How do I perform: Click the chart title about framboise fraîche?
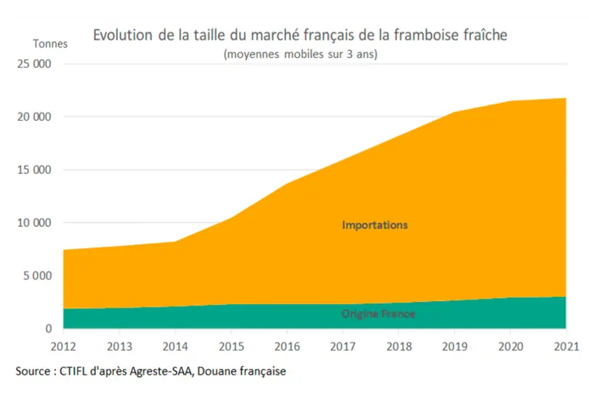click(300, 35)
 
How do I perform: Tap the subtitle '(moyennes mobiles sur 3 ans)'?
click(300, 54)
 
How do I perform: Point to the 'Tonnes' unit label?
click(50, 44)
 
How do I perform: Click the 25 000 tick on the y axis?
click(34, 64)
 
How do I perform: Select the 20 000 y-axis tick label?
click(34, 117)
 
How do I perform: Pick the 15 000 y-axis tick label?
click(34, 169)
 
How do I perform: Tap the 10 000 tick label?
click(34, 223)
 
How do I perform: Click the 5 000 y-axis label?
click(38, 276)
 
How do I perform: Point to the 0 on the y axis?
click(49, 329)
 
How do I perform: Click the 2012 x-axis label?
click(63, 346)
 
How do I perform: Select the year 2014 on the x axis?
click(175, 346)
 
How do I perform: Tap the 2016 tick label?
click(287, 346)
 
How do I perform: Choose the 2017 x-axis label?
click(342, 346)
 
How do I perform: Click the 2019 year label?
click(454, 346)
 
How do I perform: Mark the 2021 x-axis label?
click(566, 346)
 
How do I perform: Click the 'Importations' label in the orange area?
click(375, 225)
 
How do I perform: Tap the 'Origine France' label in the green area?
click(378, 314)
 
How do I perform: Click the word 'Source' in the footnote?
click(33, 371)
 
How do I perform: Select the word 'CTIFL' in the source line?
click(73, 371)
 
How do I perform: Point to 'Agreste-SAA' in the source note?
click(161, 372)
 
